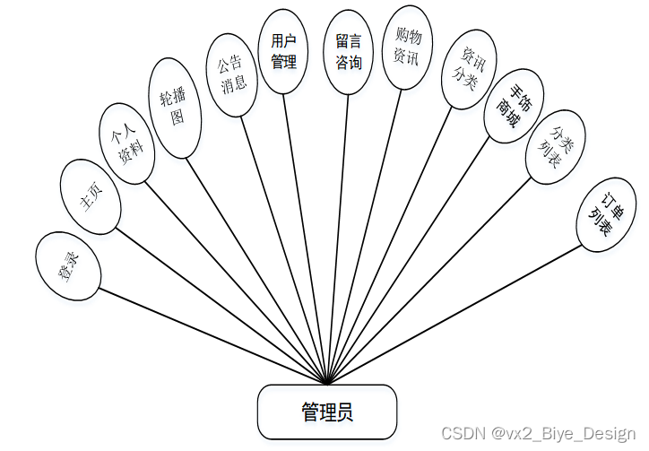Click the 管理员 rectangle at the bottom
[327, 412]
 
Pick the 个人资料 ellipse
[127, 143]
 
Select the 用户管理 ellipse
[284, 51]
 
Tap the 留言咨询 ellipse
[349, 51]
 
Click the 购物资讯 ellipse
[408, 47]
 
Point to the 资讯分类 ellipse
[469, 70]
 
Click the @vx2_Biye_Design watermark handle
[565, 432]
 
